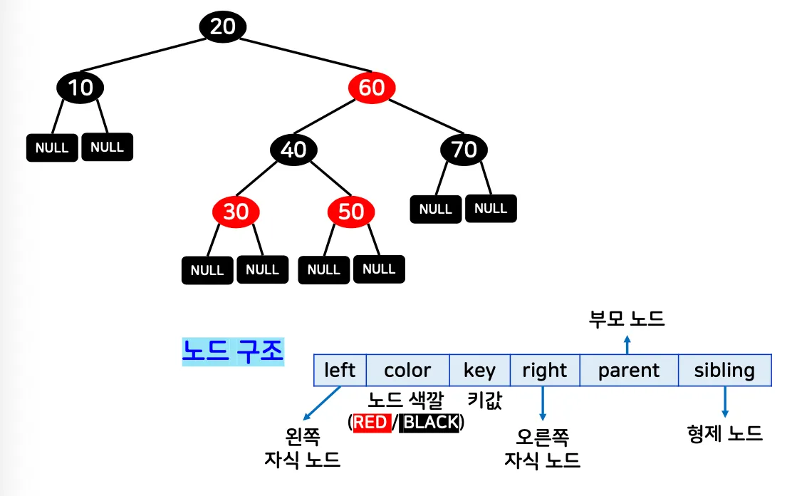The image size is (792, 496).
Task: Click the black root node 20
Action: click(222, 27)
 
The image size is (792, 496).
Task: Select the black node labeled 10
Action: click(80, 88)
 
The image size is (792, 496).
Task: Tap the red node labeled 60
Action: click(371, 88)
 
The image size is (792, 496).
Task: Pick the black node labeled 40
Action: click(293, 150)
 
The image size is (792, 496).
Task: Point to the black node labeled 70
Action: click(464, 150)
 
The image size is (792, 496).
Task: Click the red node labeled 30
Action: click(236, 212)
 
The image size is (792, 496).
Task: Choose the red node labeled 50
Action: click(351, 212)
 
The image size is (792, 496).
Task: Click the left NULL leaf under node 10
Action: click(52, 148)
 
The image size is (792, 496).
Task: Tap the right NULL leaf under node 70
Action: click(491, 209)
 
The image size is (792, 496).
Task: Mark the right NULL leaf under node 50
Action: click(379, 269)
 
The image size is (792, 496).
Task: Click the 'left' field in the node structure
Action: click(340, 371)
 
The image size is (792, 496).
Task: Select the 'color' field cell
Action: click(407, 371)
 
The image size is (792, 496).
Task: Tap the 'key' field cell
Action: click(479, 371)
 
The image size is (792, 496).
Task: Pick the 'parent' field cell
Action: click(629, 371)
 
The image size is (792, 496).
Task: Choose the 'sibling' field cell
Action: click(724, 371)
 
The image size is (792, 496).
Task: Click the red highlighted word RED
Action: click(370, 423)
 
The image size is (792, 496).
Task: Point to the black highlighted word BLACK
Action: click(430, 423)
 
